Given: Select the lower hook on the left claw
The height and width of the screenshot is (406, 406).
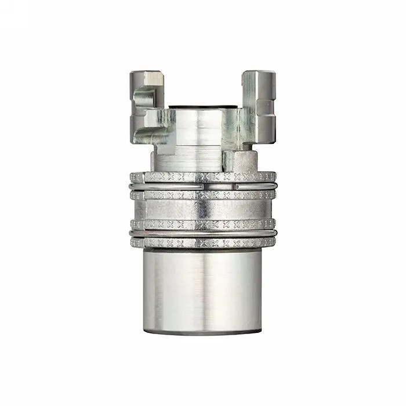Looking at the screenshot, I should point(155,119).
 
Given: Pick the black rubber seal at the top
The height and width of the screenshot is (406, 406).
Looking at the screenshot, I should point(203,107).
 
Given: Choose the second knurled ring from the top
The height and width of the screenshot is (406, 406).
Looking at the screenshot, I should point(203,196).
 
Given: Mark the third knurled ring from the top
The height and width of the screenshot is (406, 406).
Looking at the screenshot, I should point(203,224).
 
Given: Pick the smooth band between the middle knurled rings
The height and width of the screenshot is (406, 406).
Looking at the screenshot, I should point(203,209).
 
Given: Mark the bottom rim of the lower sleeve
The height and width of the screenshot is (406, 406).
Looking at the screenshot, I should point(203,331).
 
